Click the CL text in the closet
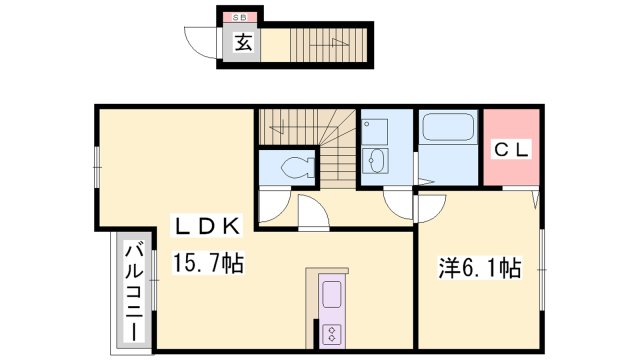pyautogui.click(x=514, y=149)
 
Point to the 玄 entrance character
pyautogui.click(x=242, y=41)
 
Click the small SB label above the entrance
pyautogui.click(x=241, y=18)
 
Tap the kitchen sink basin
pyautogui.click(x=331, y=294)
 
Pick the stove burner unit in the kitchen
pyautogui.click(x=331, y=332)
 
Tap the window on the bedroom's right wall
pyautogui.click(x=542, y=267)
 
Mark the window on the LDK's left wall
pyautogui.click(x=98, y=166)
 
